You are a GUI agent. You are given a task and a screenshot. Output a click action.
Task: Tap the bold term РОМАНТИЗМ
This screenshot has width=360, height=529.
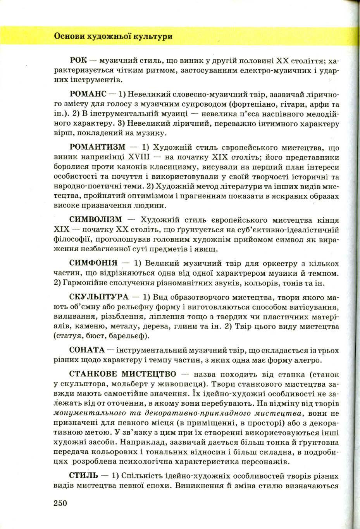point(97,147)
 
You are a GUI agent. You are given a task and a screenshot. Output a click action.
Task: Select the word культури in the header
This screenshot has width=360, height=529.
point(153,36)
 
